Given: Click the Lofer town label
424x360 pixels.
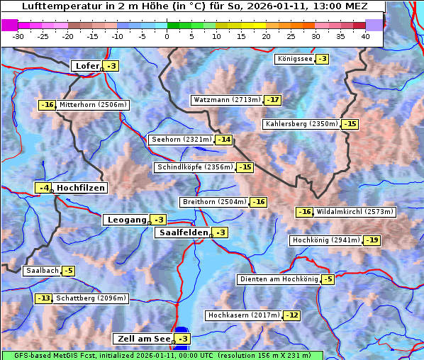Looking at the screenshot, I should pyautogui.click(x=87, y=66).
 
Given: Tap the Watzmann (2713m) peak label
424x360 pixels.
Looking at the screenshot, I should pyautogui.click(x=226, y=100).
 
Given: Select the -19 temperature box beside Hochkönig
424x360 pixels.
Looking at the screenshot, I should pyautogui.click(x=372, y=240).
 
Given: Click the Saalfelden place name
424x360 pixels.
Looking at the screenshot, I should pyautogui.click(x=183, y=232).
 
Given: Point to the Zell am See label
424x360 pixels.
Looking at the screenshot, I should pyautogui.click(x=143, y=339).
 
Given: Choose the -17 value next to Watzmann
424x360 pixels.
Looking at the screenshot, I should pyautogui.click(x=273, y=100).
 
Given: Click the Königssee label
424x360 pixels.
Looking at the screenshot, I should pyautogui.click(x=294, y=59).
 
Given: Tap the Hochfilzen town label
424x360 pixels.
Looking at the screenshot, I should pyautogui.click(x=81, y=188).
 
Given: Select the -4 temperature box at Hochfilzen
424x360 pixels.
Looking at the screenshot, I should pyautogui.click(x=44, y=188).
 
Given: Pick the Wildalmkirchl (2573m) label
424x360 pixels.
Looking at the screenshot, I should pyautogui.click(x=355, y=212).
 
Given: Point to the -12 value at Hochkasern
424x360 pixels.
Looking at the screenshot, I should pyautogui.click(x=291, y=315).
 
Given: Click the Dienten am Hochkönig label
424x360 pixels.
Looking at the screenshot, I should pyautogui.click(x=278, y=279).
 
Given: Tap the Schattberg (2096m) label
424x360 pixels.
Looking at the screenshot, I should pyautogui.click(x=91, y=298).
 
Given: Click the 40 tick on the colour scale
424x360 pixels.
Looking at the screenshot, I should pyautogui.click(x=365, y=35).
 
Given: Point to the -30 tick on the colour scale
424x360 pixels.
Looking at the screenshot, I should pyautogui.click(x=18, y=35).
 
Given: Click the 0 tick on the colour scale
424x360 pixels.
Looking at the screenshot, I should pyautogui.click(x=167, y=35).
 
